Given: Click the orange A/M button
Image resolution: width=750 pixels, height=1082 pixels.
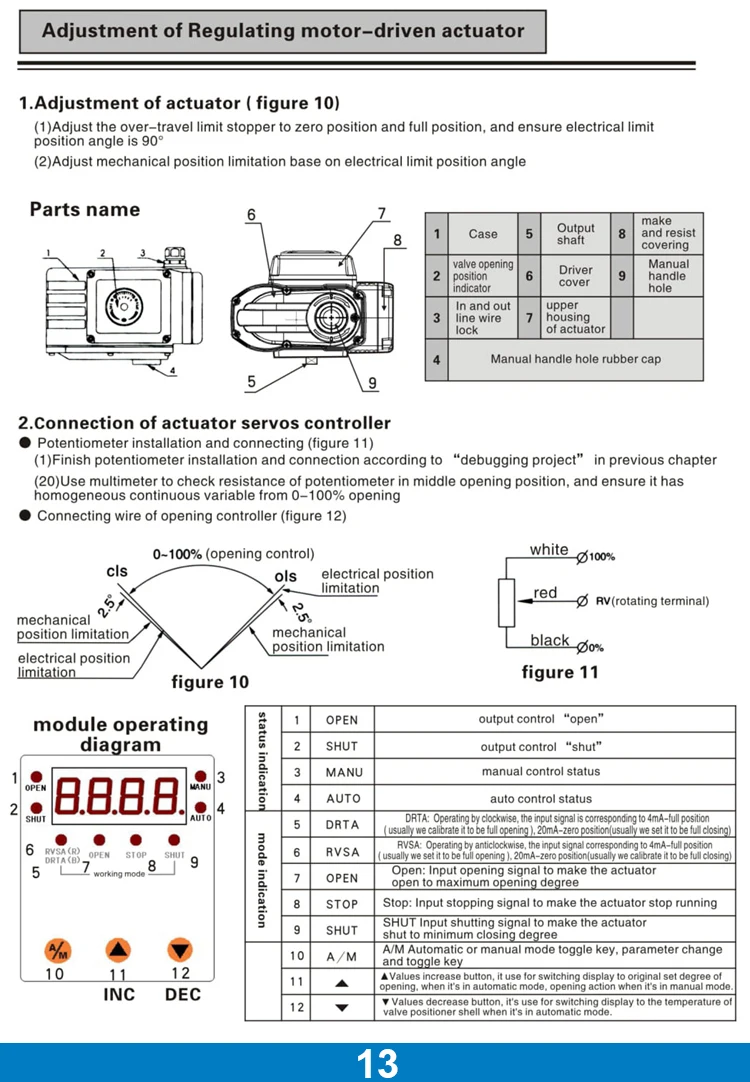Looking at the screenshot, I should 57,950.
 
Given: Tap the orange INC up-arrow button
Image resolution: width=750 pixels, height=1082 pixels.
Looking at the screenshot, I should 119,950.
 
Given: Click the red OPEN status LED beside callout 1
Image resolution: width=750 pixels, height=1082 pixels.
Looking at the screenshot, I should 36,776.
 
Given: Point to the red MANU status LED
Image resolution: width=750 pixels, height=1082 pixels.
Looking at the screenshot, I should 200,776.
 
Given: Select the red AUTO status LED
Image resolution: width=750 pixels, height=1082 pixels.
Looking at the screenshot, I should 200,807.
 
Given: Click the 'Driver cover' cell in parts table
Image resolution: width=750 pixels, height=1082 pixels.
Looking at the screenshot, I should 575,276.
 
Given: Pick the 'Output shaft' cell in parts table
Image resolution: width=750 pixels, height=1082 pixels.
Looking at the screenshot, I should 575,234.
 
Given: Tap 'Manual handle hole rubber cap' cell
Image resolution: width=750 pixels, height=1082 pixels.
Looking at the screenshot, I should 575,359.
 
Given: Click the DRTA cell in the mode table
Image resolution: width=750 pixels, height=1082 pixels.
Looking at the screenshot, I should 342,825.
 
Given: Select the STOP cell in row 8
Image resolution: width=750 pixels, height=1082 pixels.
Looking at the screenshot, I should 342,904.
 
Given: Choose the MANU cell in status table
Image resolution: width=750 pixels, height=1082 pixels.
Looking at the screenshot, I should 342,772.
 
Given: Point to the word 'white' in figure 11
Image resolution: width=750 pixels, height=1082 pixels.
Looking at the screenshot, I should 549,549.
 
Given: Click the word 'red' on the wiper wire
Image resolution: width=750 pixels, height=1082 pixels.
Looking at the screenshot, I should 545,593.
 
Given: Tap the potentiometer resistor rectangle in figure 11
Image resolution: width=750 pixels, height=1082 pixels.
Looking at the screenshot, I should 507,602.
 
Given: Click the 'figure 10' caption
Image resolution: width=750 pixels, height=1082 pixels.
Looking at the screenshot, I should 210,682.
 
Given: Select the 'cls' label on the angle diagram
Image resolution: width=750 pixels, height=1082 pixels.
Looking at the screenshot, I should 117,571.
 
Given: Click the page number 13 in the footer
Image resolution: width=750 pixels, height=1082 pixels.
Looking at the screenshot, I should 376,1063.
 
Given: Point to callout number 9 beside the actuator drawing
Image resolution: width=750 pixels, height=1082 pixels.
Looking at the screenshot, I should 372,383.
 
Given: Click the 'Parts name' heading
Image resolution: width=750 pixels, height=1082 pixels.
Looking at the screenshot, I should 85,210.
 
